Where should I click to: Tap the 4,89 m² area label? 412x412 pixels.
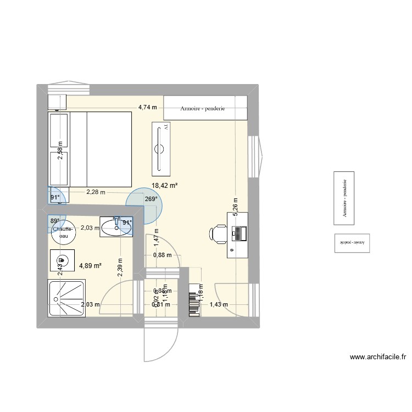tap(90, 265)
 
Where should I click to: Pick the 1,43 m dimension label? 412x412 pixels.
tap(219, 304)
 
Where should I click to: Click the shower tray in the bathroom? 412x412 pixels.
tap(68, 298)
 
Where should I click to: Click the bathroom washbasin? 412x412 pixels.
tap(117, 226)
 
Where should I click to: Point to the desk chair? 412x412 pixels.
tap(218, 234)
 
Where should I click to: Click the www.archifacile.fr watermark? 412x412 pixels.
tap(377, 357)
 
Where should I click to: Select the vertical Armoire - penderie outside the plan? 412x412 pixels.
tap(344, 197)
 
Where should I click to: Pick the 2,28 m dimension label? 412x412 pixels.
tap(96, 192)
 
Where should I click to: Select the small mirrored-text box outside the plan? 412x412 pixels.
tap(353, 242)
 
